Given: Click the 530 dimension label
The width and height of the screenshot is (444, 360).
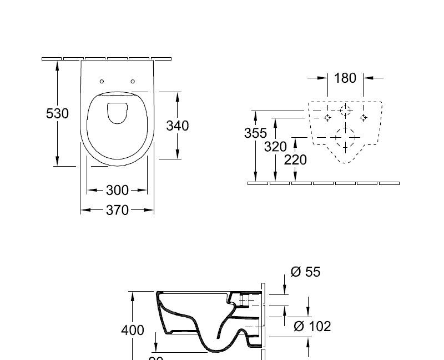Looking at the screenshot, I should coord(57,113).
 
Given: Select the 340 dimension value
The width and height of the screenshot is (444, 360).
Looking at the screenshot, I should coord(177,126).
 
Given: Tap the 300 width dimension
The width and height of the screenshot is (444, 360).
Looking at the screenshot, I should coord(117,191).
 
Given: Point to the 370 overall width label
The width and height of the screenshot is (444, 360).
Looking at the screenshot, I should coord(117,210).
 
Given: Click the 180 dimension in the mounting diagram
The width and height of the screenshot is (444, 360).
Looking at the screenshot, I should coord(345,78).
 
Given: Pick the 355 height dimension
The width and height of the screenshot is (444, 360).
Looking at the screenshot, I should coord(255,133).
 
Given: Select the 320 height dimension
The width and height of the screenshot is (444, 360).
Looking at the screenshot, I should coord(275,147).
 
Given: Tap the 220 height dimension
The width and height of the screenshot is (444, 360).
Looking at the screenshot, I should coord(295,160).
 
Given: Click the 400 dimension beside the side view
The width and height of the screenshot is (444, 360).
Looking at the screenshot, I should coord(133,330).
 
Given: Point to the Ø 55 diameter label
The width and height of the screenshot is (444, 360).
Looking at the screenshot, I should coord(305,272).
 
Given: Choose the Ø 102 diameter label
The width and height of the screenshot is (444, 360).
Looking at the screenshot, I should coord(312,326).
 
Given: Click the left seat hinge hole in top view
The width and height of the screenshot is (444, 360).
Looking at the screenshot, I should coord(102,82).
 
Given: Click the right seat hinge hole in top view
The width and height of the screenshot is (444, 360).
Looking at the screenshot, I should coord(133,82).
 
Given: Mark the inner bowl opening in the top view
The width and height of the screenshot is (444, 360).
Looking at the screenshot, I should coord(117,113).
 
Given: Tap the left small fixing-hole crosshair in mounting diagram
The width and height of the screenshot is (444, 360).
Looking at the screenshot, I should coord(327,117).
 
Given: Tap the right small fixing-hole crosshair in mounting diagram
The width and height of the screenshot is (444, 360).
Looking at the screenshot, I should coord(363,117).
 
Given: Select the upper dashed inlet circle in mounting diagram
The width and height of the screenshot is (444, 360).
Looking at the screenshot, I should coord(345,112).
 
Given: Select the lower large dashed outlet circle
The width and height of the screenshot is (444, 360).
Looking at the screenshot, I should coord(345,137).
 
